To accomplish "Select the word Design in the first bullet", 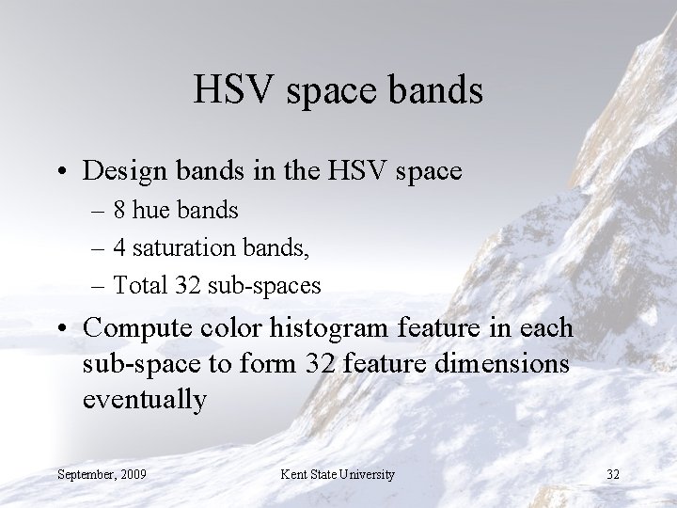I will [x=122, y=171].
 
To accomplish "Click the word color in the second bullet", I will [x=232, y=327].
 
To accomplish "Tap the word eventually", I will [x=145, y=399].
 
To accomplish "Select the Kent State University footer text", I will [x=338, y=473].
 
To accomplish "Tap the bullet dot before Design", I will [x=62, y=172].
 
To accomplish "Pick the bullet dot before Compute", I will [x=62, y=328].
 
